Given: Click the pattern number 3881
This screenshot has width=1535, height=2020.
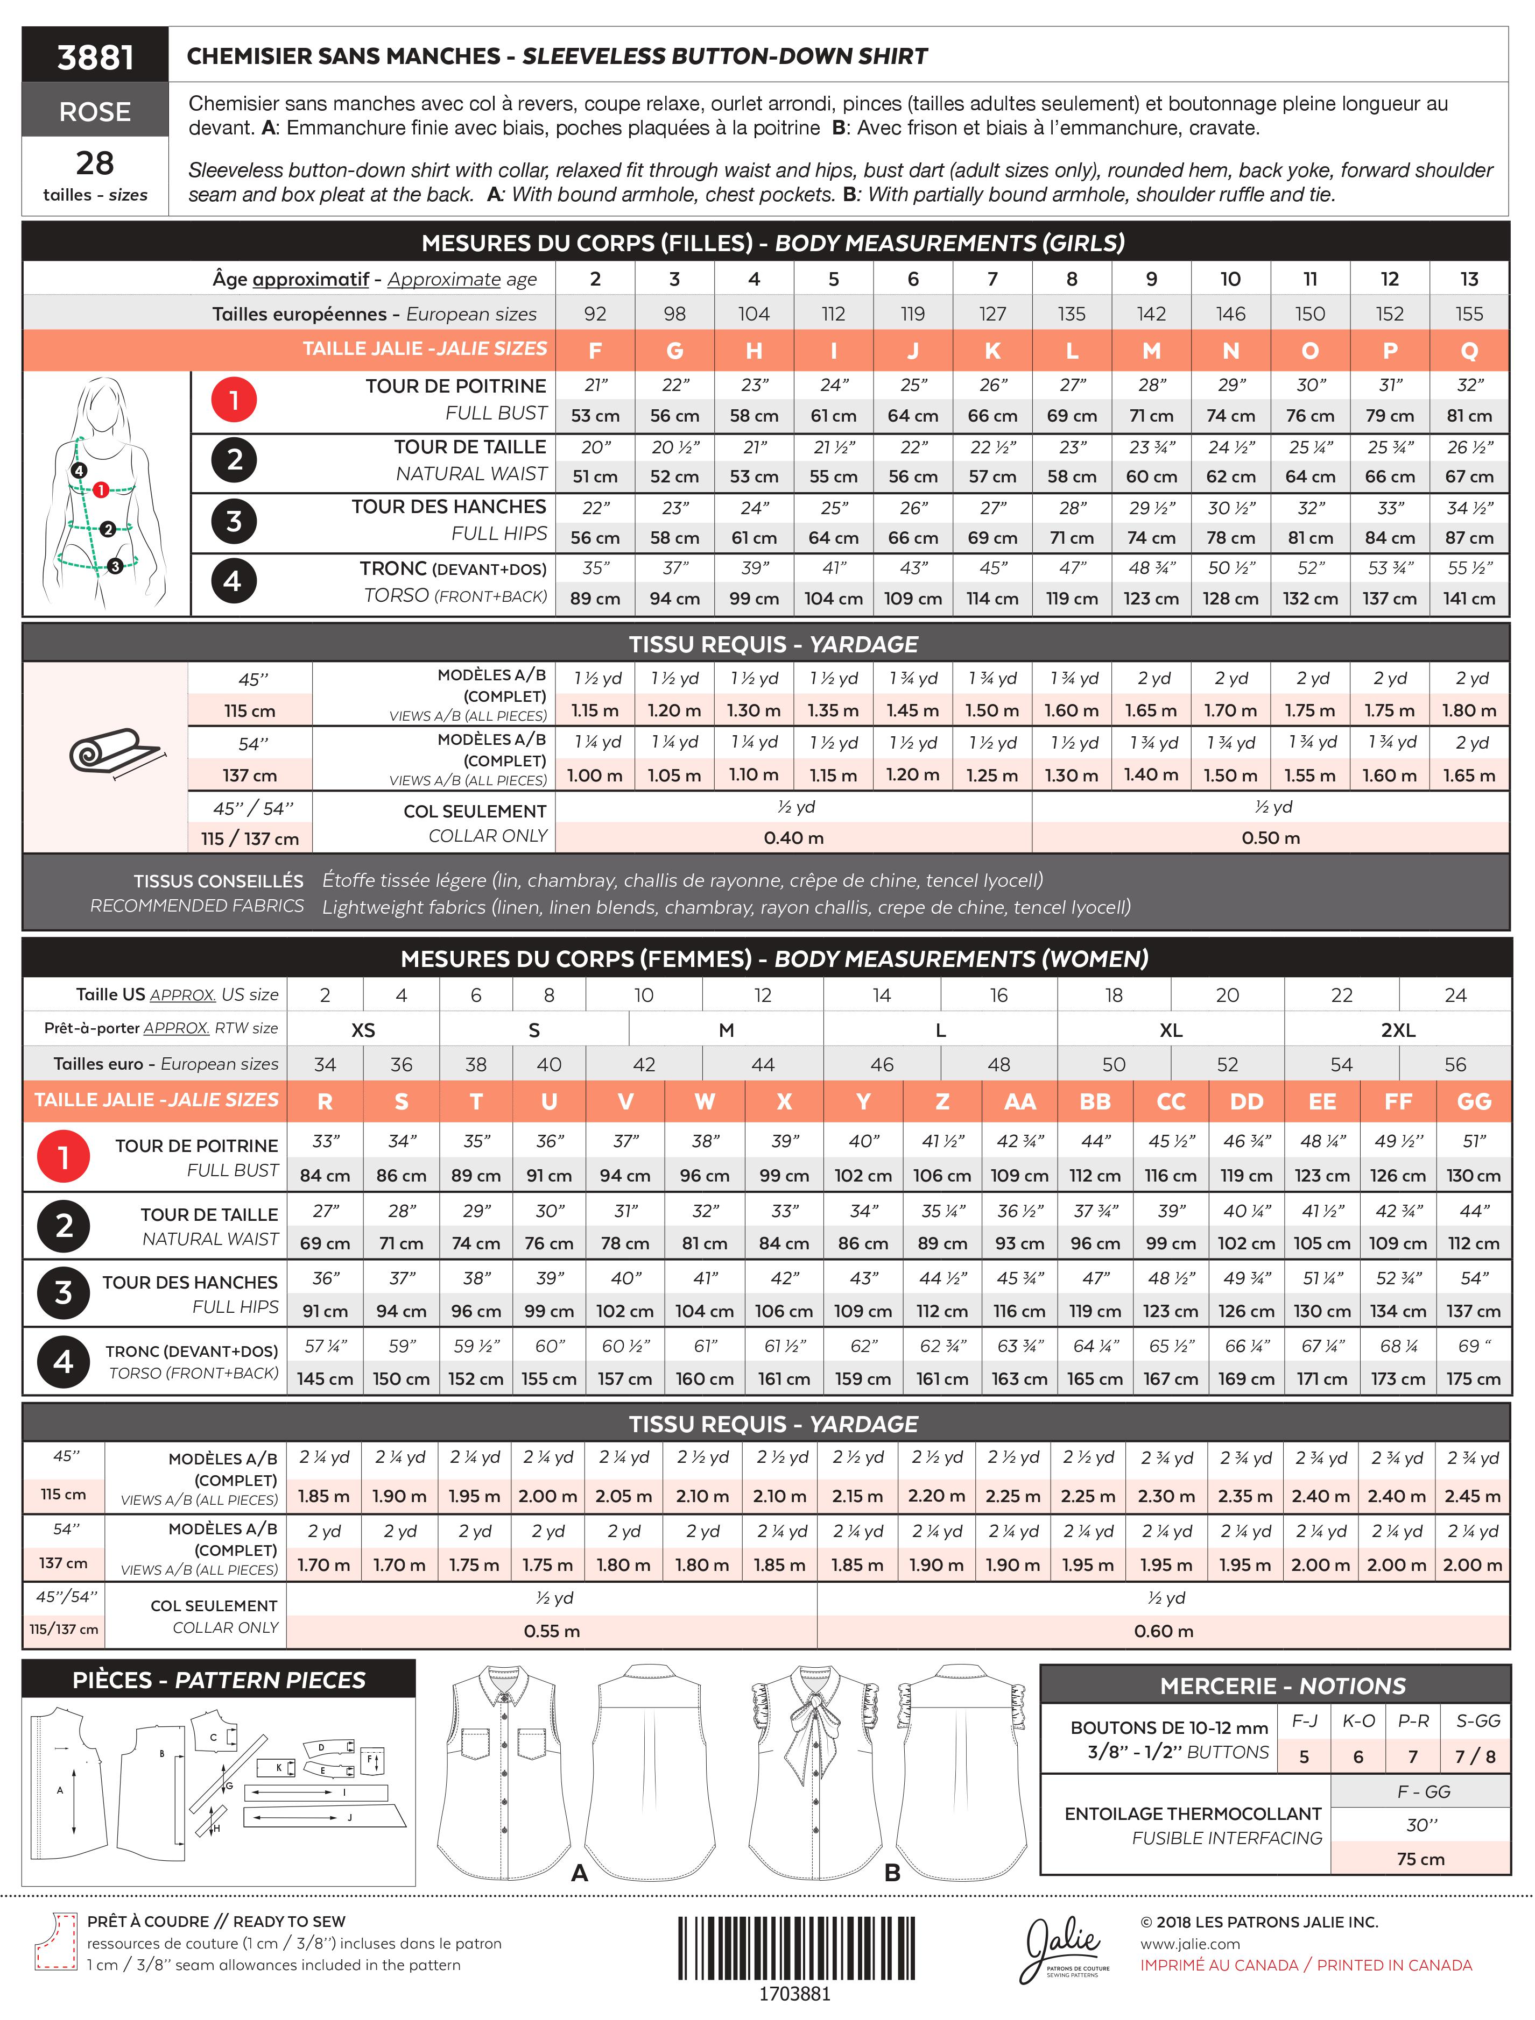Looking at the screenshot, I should (95, 58).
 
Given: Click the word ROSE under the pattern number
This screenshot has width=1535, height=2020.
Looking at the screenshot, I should (95, 111).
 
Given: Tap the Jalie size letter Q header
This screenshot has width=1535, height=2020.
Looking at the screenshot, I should (1468, 351).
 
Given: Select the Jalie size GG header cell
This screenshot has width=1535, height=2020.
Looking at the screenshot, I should (1473, 1101).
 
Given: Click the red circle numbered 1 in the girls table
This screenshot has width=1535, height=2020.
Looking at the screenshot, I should (234, 400).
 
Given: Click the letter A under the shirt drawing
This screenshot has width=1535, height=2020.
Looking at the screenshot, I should (579, 1872).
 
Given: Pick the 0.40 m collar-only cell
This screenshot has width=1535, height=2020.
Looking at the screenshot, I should (793, 837).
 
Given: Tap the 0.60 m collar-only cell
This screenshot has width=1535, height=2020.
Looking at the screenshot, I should (1163, 1631).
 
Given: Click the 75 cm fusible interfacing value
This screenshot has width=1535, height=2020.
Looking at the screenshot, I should (1420, 1858).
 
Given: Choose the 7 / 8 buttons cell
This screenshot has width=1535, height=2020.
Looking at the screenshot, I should (1475, 1756).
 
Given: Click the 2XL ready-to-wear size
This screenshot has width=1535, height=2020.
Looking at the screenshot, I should (1397, 1030).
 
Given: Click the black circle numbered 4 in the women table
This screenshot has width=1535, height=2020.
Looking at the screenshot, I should (63, 1362).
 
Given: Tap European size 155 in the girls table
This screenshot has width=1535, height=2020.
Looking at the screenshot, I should (1468, 313).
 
